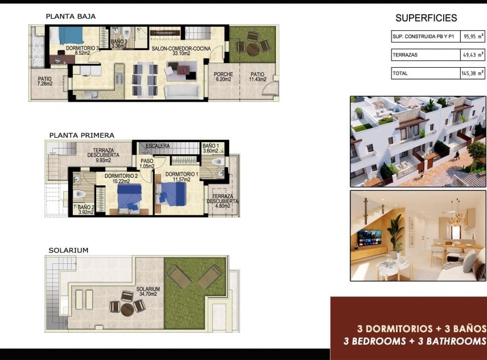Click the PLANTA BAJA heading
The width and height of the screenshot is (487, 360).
click(x=71, y=16)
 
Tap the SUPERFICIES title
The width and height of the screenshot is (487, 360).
click(x=426, y=18)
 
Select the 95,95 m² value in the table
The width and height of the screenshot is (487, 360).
click(x=473, y=36)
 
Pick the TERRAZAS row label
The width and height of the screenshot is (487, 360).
click(x=406, y=55)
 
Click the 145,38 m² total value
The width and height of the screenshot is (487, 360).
click(x=473, y=73)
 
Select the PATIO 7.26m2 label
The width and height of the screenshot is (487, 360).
click(x=44, y=81)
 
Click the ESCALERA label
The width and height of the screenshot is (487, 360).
click(x=158, y=146)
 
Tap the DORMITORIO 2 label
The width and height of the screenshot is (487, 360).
click(x=121, y=179)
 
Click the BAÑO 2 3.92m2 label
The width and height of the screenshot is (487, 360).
click(x=85, y=210)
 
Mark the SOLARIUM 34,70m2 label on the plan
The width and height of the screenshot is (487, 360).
click(x=148, y=292)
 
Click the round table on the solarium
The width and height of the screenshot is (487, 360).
click(x=126, y=308)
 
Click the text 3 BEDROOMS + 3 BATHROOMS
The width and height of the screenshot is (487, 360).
click(x=414, y=341)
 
